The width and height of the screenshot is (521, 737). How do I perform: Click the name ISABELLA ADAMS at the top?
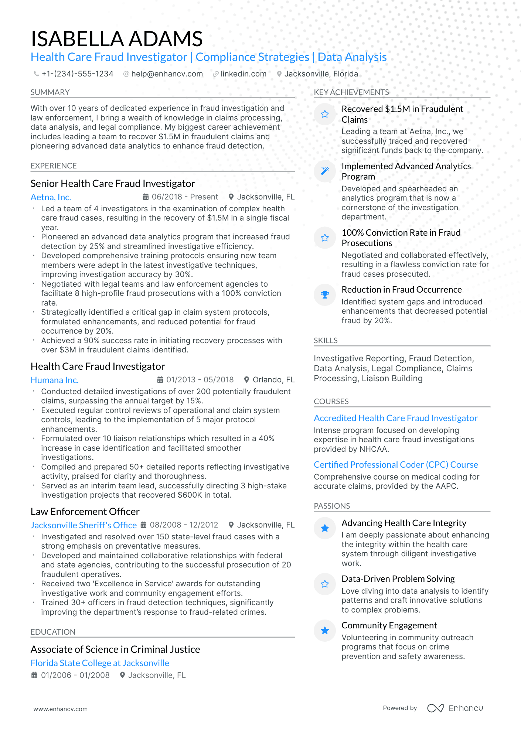click(116, 39)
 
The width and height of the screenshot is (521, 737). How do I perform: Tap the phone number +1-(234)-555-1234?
click(77, 74)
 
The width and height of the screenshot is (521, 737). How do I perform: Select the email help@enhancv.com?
click(167, 74)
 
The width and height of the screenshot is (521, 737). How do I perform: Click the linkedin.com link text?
click(244, 74)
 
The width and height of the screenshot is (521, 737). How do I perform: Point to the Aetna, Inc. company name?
click(51, 197)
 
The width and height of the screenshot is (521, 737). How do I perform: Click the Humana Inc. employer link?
click(55, 380)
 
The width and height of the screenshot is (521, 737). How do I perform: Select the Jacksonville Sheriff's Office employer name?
click(84, 525)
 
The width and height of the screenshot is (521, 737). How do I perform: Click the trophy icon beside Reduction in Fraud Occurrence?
click(325, 294)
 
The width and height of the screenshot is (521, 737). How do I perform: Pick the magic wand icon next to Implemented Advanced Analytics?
click(325, 171)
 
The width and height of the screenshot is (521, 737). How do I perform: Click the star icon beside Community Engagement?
click(325, 630)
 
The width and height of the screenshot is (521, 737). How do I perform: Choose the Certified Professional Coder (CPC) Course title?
click(396, 465)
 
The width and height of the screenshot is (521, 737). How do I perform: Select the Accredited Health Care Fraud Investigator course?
click(395, 418)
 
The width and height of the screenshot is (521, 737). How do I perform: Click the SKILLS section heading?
click(326, 341)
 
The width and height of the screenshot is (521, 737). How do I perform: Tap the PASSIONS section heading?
click(332, 506)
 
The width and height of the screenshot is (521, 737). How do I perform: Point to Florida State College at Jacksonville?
click(100, 663)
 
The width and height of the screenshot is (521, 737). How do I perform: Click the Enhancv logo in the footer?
click(455, 708)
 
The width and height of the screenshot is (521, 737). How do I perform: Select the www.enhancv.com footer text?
click(61, 709)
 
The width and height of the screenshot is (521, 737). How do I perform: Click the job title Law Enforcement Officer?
click(85, 512)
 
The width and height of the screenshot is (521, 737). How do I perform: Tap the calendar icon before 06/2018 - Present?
click(146, 197)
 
